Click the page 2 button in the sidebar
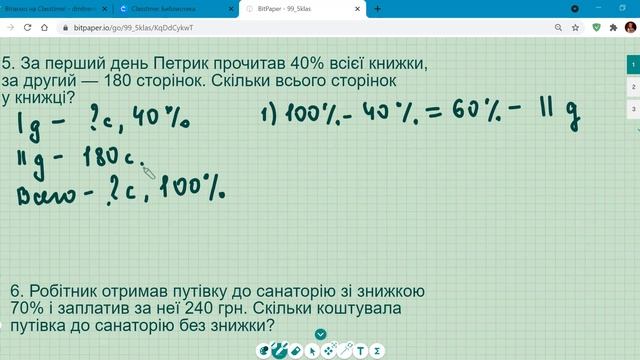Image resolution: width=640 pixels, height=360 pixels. click(x=633, y=86)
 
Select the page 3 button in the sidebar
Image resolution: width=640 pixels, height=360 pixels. click(x=633, y=107)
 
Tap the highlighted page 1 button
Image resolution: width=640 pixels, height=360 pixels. click(x=633, y=64)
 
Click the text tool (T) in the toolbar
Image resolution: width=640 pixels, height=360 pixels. click(x=362, y=351)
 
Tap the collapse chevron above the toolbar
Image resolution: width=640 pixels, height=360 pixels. click(x=321, y=334)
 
